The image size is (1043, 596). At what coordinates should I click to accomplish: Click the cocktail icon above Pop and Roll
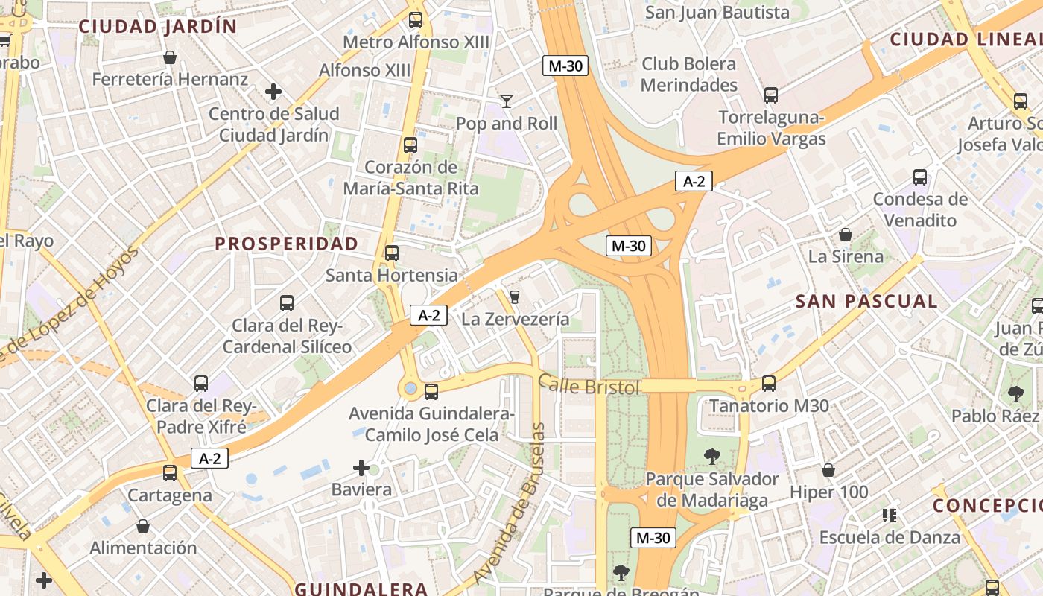point(507,101)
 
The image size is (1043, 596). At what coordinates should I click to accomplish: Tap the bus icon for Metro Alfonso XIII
point(416,20)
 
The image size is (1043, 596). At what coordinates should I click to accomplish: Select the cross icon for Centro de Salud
point(273,92)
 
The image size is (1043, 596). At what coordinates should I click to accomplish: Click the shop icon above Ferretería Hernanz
point(170,57)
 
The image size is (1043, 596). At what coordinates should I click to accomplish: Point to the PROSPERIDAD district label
point(287,244)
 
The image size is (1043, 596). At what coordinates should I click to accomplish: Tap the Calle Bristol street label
point(589,386)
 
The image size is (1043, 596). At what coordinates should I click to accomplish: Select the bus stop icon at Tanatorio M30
point(769,384)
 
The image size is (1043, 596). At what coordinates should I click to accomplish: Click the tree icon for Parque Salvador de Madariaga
point(712,456)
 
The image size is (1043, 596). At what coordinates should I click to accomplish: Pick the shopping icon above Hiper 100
point(828,470)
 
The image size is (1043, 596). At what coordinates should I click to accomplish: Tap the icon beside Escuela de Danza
point(889,515)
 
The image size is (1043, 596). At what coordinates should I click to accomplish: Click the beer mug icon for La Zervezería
point(514,297)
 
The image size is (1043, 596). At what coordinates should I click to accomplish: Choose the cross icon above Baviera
point(361,468)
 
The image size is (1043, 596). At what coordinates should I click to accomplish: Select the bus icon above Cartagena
point(170,473)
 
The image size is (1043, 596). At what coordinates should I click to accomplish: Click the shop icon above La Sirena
point(846,235)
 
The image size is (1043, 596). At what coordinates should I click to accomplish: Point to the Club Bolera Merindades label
point(689,74)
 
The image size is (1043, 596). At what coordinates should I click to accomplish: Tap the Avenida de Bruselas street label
point(515,503)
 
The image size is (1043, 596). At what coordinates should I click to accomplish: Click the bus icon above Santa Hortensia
point(392,253)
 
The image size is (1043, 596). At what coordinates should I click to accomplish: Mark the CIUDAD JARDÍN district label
point(158,27)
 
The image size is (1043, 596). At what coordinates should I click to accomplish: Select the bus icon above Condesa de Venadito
point(920,177)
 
